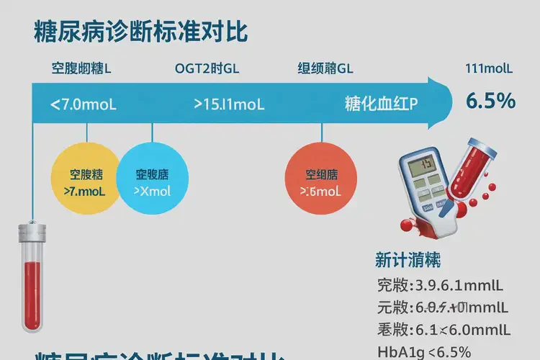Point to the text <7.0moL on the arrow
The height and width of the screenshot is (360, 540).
pos(84,104)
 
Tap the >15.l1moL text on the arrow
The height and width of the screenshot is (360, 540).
pos(230,104)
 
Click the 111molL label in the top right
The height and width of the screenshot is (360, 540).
pos(490,70)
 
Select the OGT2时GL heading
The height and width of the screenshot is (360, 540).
pos(207,70)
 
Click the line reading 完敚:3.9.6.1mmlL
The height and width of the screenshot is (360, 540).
pos(443,285)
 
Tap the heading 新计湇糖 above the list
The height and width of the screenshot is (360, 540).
pos(408,259)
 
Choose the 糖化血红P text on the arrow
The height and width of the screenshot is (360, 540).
pos(381,104)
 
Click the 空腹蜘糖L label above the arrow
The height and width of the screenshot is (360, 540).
pos(81,70)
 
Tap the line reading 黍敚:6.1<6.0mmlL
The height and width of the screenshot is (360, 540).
pos(444,330)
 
